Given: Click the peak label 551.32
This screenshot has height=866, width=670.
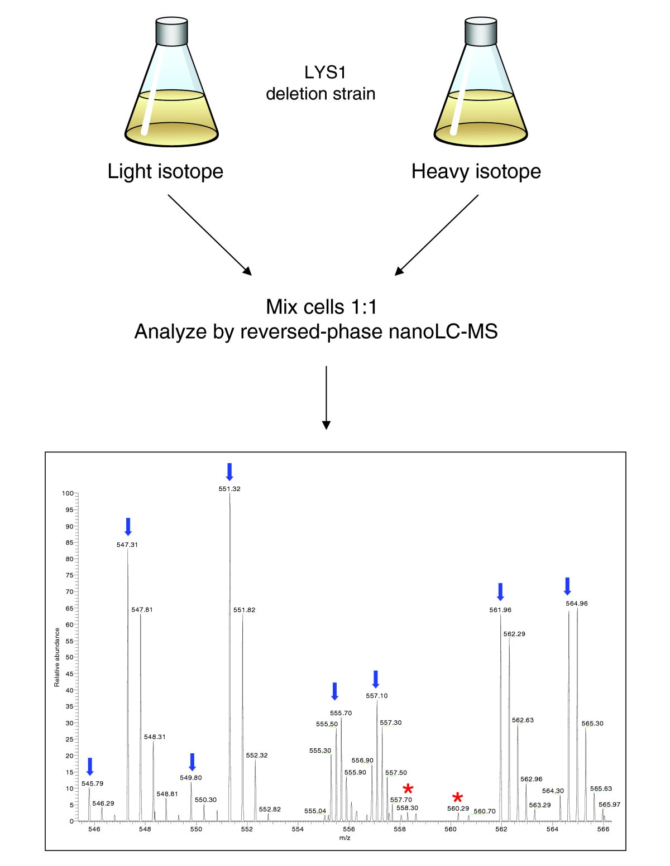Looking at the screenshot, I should pos(229,489).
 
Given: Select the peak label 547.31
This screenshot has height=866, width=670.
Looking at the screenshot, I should pos(127,545).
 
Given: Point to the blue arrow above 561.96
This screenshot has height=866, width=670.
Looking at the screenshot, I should pos(500,591).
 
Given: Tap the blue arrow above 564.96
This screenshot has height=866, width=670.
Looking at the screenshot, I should pos(567,586).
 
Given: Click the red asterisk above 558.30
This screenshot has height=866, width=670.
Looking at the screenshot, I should pos(408,789).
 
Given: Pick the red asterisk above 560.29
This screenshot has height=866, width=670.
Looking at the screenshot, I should pos(458,797).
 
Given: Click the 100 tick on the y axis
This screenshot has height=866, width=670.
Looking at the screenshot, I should pos(68,493).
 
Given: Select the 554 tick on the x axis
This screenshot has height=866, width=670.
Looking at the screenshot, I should pos(298,829).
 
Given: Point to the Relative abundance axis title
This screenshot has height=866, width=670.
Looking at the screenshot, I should pos(57,657).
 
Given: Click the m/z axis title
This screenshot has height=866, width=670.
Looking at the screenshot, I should pos(344,838).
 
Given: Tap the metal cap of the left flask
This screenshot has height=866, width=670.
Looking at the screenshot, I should pos(171,31).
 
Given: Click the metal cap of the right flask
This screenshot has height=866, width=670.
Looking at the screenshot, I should pos(481,31).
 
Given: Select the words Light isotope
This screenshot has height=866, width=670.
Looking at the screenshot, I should pos(165,171).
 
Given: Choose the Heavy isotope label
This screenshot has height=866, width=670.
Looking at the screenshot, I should pos(476,171).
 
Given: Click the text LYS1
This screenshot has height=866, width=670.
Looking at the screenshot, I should pos(321,73).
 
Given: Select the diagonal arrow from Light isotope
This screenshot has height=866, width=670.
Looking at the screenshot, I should pos(209,234).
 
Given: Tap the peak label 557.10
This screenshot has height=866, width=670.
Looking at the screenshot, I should pos(377,696).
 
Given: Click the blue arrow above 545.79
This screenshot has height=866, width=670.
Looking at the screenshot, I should pos(90,767).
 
